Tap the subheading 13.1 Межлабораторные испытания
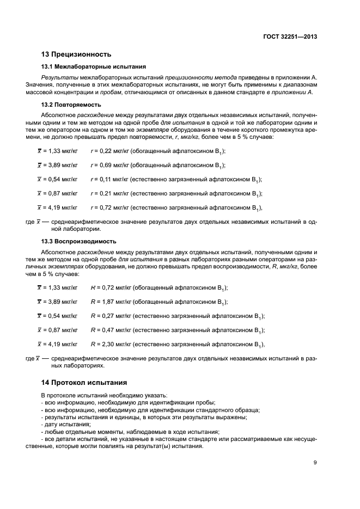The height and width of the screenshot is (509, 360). [x=93, y=67]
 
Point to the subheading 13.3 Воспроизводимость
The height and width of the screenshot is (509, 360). [x=78, y=241]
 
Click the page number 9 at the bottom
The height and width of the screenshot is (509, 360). [x=315, y=463]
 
